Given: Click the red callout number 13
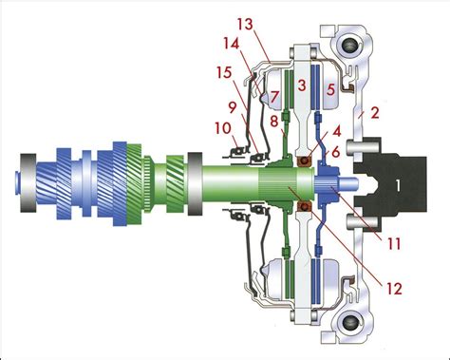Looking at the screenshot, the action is click(x=245, y=24).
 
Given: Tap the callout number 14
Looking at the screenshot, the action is click(x=232, y=44).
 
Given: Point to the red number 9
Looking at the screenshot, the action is click(x=233, y=108).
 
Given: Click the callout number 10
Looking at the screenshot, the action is click(x=224, y=128).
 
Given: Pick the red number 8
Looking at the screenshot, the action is click(x=274, y=121).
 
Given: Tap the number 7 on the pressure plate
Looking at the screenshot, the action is click(x=275, y=95).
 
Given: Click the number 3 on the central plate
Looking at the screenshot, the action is click(x=302, y=85).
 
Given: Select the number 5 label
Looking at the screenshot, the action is click(x=330, y=89).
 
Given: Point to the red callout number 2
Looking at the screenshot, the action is click(x=375, y=113).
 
